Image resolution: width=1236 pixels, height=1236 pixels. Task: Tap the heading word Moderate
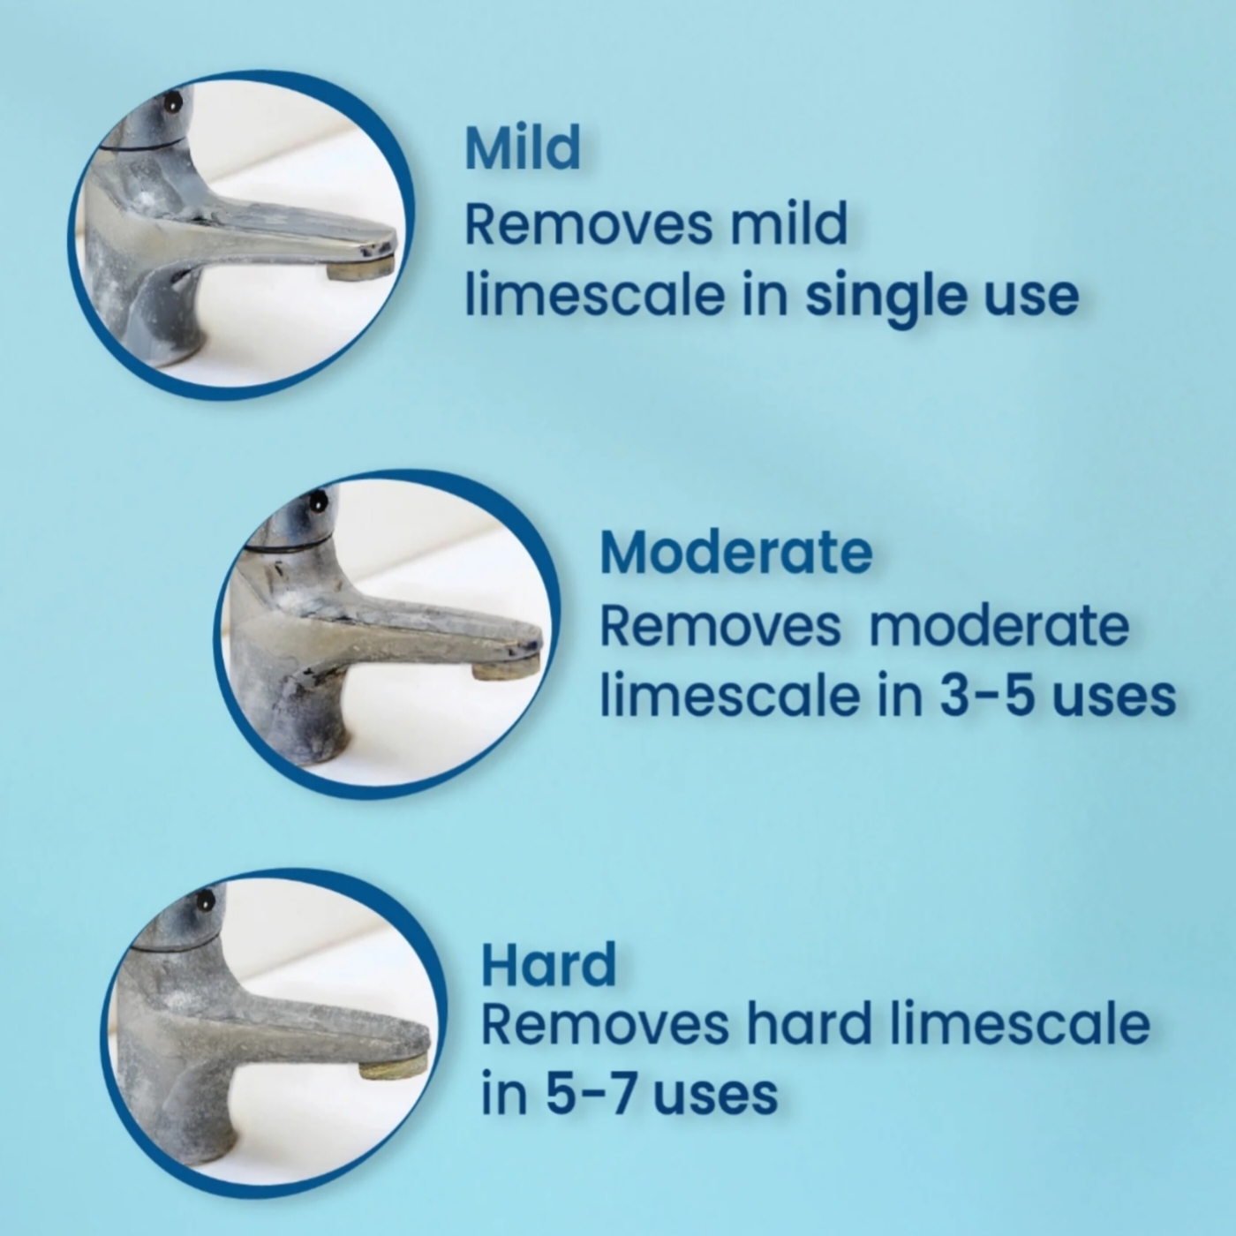[x=735, y=553]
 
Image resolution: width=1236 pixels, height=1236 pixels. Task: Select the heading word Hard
[x=548, y=964]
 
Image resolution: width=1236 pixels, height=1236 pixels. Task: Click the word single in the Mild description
[x=886, y=297]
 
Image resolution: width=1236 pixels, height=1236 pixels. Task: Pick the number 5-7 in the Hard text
[x=592, y=1095]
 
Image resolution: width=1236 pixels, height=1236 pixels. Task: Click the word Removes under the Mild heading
[x=588, y=224]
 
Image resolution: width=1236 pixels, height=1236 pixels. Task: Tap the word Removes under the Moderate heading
[x=720, y=626]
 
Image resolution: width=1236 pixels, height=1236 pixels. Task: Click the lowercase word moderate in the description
[x=999, y=626]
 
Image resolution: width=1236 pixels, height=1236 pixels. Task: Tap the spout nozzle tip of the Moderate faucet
[x=506, y=671]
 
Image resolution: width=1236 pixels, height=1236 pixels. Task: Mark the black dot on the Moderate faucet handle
[x=318, y=503]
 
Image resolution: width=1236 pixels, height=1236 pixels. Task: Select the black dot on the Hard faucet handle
[x=205, y=901]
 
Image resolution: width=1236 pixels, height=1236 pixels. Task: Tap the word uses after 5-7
[x=715, y=1097]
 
